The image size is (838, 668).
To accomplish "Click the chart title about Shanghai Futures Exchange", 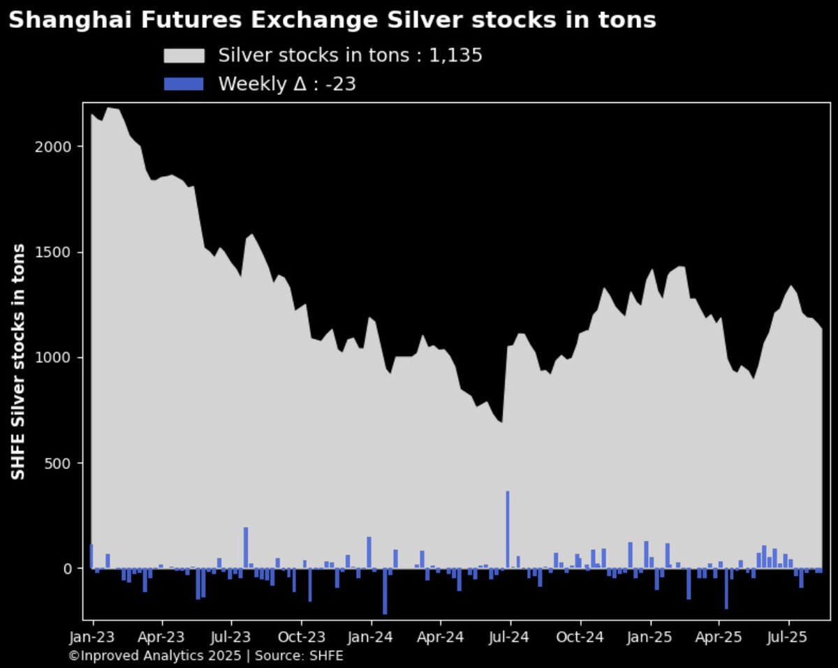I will (332, 21).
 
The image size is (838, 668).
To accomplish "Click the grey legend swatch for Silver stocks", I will (184, 56).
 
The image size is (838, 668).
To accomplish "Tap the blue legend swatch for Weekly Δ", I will (184, 84).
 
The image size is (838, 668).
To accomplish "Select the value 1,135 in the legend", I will (456, 56).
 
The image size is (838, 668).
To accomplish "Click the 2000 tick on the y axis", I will (66, 147).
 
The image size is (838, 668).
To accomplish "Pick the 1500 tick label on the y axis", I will (66, 252).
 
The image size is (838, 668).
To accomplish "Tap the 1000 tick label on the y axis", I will (66, 357).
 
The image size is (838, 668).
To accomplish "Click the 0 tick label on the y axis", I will (78, 569).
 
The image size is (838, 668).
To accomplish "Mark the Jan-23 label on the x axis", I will (93, 637).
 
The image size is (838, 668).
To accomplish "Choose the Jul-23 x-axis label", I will (231, 637).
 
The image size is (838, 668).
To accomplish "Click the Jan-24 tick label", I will (371, 637).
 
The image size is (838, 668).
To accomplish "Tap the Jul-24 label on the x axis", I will (510, 637).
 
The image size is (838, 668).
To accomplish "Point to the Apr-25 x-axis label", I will (719, 637).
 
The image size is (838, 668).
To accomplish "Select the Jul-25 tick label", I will (789, 637).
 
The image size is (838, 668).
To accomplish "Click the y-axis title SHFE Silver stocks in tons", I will (20, 362).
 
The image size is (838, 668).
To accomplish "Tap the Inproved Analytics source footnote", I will (206, 656).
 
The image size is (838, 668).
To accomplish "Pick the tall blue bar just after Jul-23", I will (246, 547).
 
